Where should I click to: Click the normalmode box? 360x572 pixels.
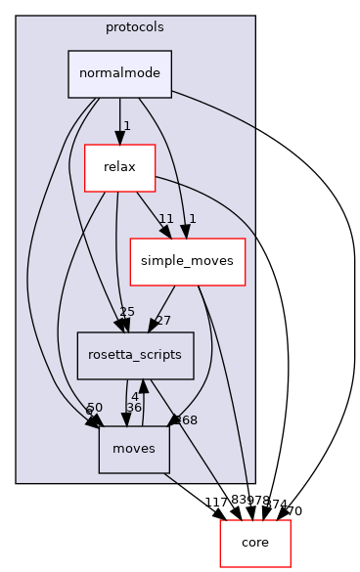click(119, 74)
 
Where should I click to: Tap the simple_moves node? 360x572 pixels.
click(187, 262)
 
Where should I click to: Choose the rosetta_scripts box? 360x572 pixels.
click(136, 356)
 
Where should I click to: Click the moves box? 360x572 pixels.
click(134, 450)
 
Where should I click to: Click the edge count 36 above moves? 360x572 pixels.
click(133, 407)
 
